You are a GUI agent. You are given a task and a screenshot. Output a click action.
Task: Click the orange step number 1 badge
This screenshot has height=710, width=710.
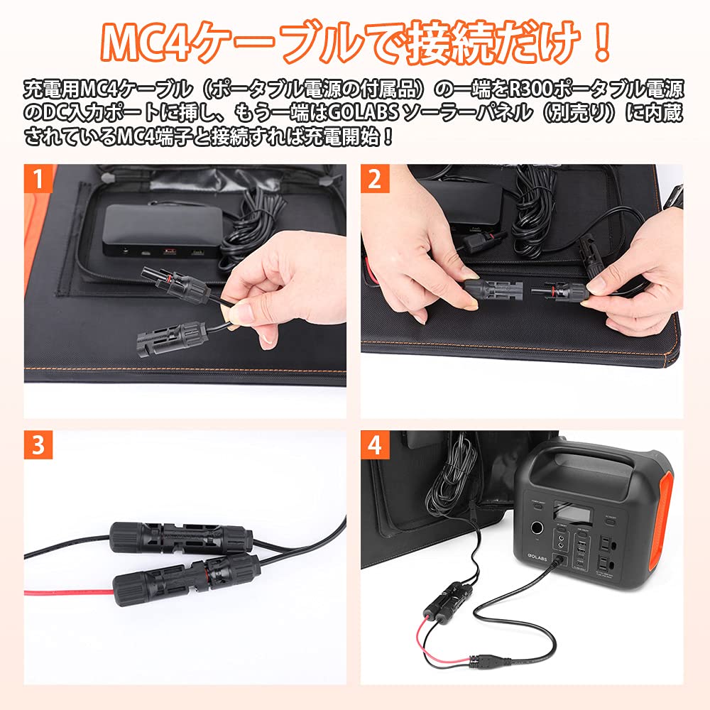click(x=39, y=179)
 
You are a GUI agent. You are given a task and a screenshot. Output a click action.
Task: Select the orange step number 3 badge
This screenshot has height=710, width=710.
click(x=39, y=445)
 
